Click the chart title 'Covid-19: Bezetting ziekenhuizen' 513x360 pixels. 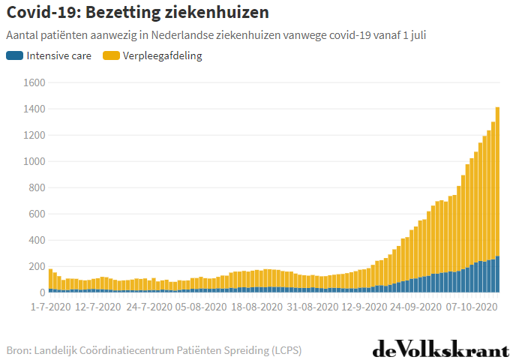tap(137, 13)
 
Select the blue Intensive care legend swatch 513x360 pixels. tap(14, 55)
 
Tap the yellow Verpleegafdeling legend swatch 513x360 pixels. tap(111, 55)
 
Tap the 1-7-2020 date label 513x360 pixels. tap(51, 307)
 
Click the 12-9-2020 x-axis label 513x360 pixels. tap(364, 307)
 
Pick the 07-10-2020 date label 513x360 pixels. tap(471, 307)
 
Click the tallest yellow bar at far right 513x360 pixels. tap(498, 180)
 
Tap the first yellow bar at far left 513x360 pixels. tap(51, 278)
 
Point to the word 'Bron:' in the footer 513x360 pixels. tap(19, 350)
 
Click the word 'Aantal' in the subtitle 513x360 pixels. tap(22, 35)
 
